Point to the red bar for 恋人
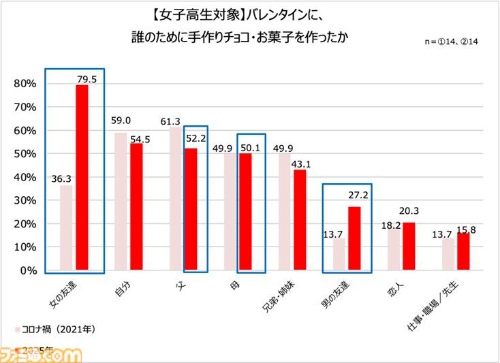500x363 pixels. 409,246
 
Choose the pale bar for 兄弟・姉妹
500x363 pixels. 285,212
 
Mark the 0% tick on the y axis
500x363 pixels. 27,270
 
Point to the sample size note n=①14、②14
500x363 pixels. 454,42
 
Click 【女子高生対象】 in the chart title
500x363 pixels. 179,15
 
